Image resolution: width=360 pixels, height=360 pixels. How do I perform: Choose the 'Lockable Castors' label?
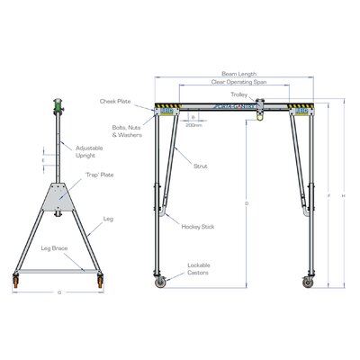click(200, 267)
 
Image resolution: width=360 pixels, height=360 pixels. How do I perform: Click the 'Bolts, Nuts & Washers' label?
click(126, 131)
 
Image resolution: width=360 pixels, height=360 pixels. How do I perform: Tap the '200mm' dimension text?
click(193, 125)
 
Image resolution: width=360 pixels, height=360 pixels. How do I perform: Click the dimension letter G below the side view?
click(58, 293)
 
